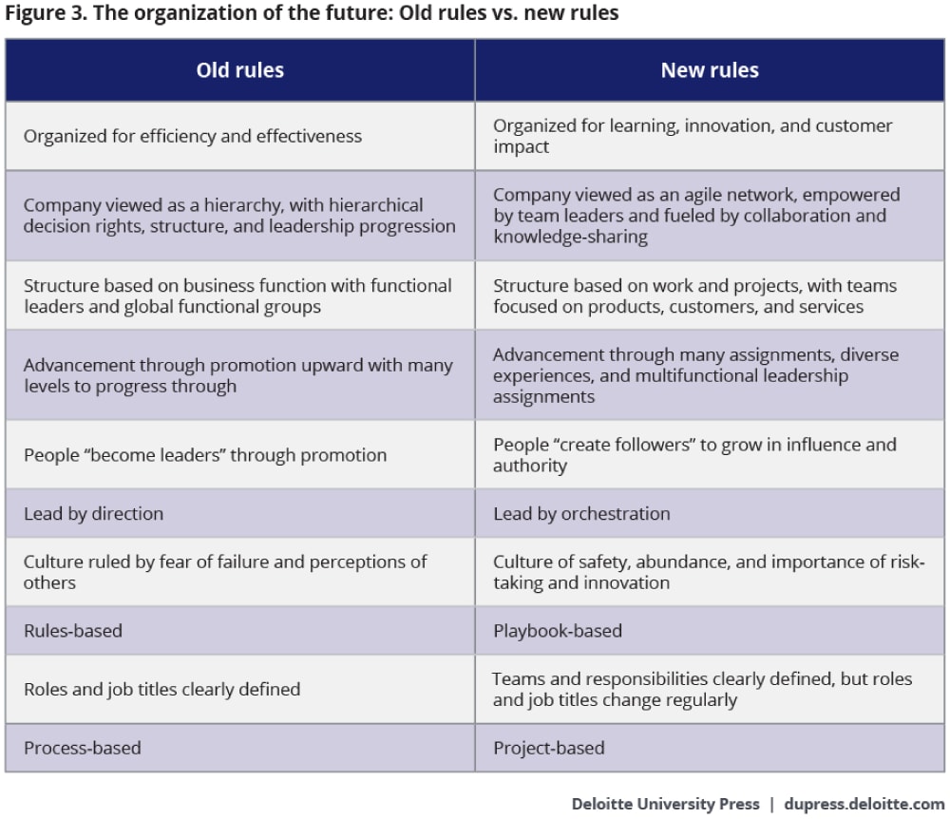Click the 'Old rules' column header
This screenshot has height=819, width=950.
tap(239, 70)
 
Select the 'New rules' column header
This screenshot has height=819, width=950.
tap(710, 70)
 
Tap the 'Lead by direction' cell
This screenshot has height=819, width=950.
tap(94, 514)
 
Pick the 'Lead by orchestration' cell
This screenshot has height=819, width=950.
tap(581, 514)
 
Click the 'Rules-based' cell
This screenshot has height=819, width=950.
tap(73, 631)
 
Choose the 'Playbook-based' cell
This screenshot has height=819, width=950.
tap(558, 631)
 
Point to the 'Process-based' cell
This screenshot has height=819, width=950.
tap(83, 748)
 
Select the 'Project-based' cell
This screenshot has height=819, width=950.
tap(548, 748)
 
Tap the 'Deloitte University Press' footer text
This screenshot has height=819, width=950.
tap(665, 804)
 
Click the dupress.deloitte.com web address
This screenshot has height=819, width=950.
tap(864, 804)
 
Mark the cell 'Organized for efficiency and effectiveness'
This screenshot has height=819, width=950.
tap(193, 136)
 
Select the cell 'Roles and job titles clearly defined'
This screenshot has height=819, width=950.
tap(161, 689)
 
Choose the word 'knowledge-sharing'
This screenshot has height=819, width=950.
tap(570, 238)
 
